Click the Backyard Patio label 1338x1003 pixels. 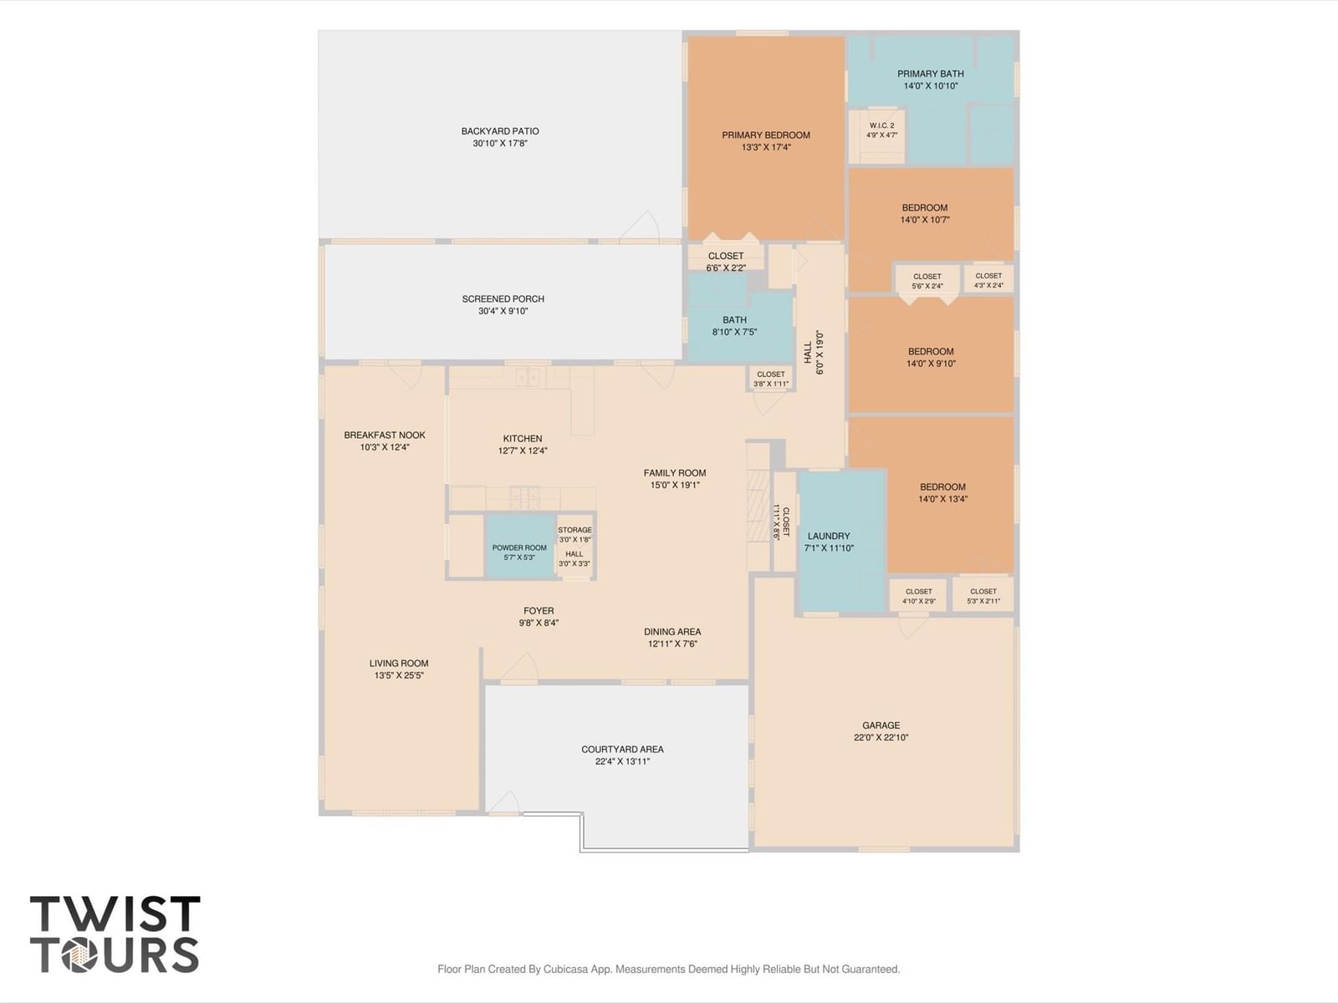[500, 131]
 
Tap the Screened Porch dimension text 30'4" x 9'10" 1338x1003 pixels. [503, 311]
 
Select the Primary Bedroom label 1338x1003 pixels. [766, 135]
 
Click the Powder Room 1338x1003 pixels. [520, 547]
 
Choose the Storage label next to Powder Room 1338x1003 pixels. [575, 530]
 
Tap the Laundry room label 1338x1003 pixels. [829, 536]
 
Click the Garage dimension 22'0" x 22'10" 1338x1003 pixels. [881, 737]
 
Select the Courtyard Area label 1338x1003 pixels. [622, 749]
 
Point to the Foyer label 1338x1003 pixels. [539, 611]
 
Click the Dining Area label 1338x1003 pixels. [672, 632]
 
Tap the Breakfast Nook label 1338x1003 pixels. [385, 435]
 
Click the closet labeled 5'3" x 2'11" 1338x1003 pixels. [983, 595]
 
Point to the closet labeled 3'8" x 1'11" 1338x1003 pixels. [771, 378]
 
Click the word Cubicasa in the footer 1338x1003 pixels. [565, 969]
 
